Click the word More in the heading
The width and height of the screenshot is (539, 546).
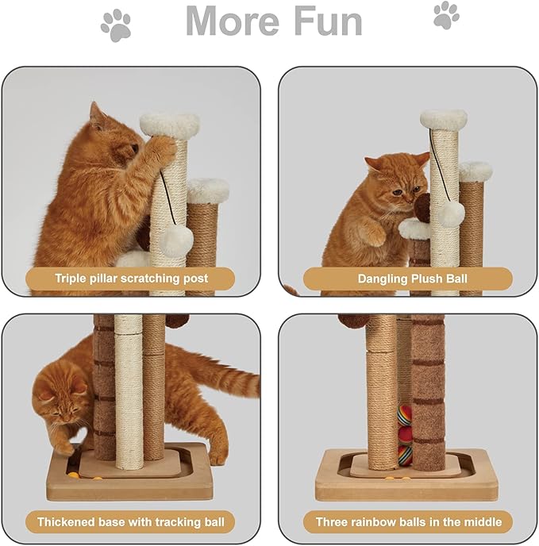click(x=233, y=21)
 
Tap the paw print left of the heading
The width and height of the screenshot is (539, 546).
click(x=115, y=25)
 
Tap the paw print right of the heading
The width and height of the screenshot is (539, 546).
click(x=445, y=15)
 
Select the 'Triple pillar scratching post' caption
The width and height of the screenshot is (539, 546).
click(x=131, y=279)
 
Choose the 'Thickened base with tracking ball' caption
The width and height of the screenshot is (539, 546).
click(x=131, y=521)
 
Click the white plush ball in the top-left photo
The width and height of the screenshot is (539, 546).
click(x=176, y=240)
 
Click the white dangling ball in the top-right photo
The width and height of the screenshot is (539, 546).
click(x=451, y=213)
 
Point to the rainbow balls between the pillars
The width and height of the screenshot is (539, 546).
click(x=405, y=433)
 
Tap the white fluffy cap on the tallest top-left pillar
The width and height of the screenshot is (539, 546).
click(x=169, y=124)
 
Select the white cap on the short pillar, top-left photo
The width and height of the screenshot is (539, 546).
click(x=208, y=190)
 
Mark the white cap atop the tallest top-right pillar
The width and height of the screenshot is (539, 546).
click(x=443, y=119)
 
